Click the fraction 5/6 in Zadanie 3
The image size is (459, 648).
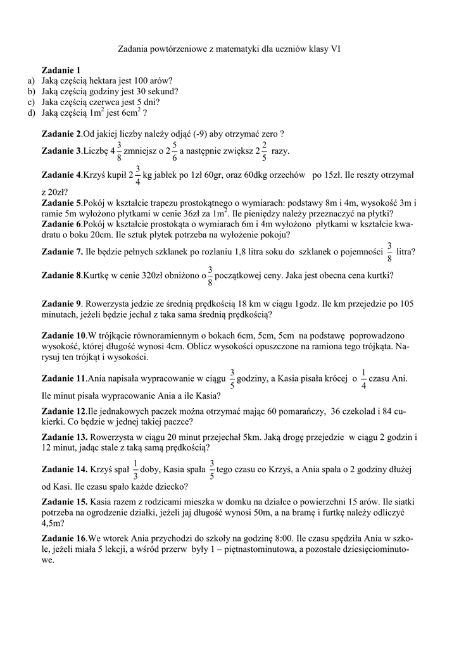175,152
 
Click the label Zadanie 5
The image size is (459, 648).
61,203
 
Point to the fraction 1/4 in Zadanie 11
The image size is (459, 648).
363,378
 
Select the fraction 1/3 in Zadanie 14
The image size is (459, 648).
135,470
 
